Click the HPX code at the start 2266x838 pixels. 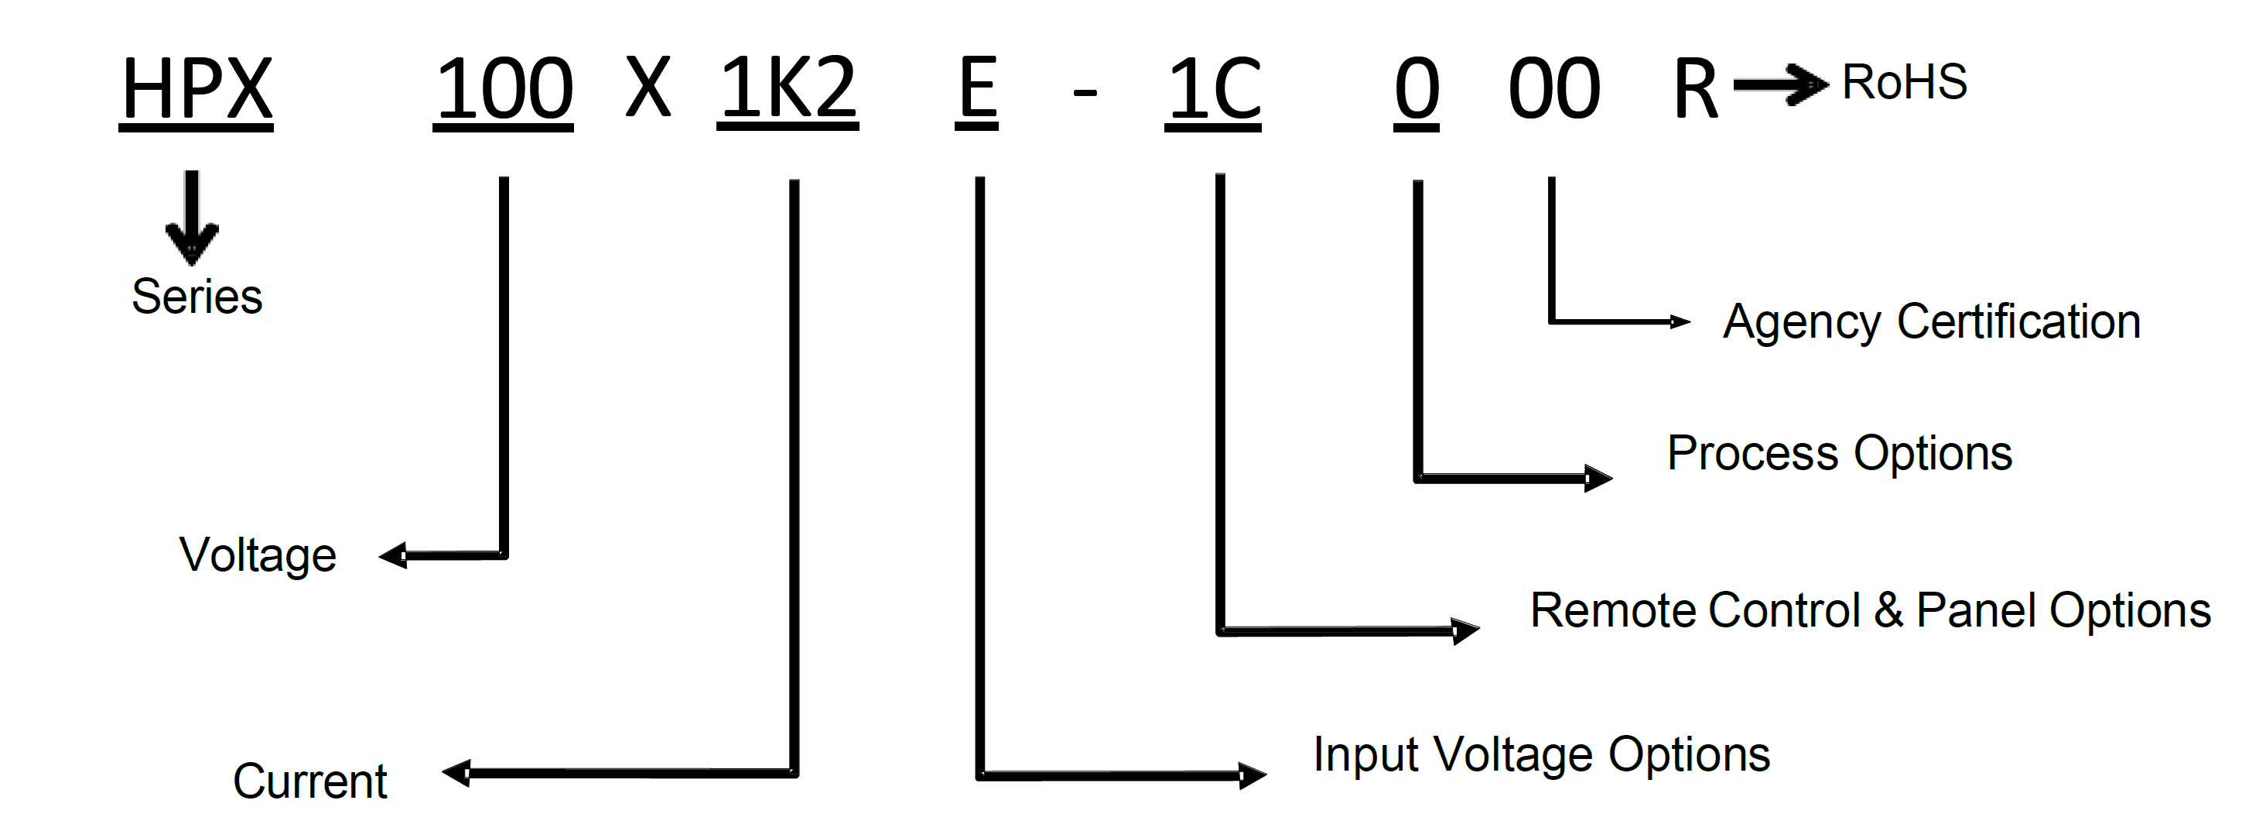point(197,89)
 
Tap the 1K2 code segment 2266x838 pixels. point(788,89)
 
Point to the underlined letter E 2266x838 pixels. point(976,89)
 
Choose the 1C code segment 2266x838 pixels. point(1213,89)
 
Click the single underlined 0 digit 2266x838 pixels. point(1417,89)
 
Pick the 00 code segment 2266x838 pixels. point(1553,89)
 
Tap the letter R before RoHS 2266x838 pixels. point(1694,89)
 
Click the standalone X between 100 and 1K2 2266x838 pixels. point(648,89)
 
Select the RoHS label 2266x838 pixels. point(1904,83)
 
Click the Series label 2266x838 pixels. point(197,297)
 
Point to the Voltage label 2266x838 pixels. point(258,555)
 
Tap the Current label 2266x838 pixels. point(309,781)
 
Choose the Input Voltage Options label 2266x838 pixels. point(1541,754)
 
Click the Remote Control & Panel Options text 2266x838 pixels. point(1870,610)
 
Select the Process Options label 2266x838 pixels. point(1840,453)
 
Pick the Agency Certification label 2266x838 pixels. point(1931,321)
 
